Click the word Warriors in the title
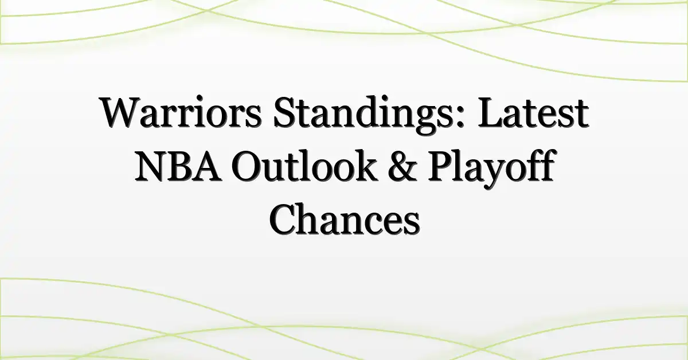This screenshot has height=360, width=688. (181, 112)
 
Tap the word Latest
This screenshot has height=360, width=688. (533, 112)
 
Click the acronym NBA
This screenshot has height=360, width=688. (178, 166)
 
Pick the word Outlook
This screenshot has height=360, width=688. (304, 165)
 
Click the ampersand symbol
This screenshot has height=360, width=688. (402, 166)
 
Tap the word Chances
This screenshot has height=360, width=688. (345, 220)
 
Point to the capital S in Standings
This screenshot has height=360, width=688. (284, 112)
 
